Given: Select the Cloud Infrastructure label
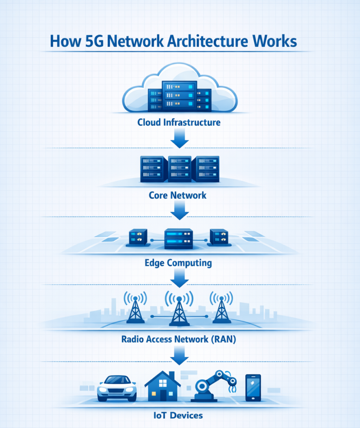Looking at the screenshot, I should point(179,123).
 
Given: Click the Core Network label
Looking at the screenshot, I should point(178,195).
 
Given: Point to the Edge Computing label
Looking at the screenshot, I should point(178,263).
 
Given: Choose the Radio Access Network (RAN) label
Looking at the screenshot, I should point(179,339).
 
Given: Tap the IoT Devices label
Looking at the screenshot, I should point(179,415).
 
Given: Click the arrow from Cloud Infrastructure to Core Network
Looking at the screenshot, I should point(180,139).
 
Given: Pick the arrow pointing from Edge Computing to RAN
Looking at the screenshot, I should point(180,279).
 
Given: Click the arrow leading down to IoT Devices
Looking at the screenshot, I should point(180,356).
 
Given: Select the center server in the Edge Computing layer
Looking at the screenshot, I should point(179,239).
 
